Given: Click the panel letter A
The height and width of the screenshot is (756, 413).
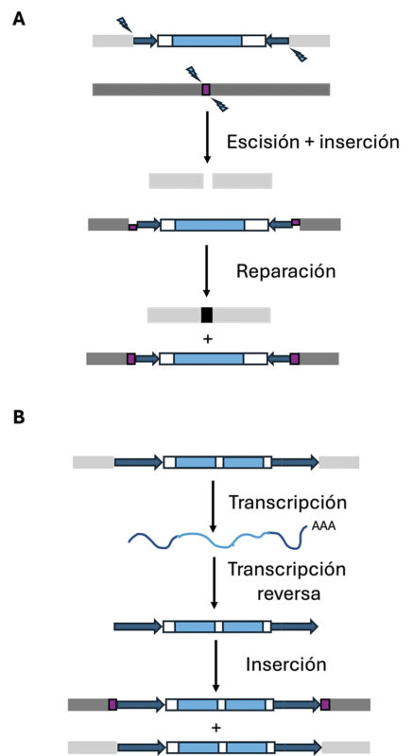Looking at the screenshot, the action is (19, 20).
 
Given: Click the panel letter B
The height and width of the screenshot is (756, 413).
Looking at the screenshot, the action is (18, 418).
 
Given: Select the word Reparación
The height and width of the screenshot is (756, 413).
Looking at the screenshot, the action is (285, 271).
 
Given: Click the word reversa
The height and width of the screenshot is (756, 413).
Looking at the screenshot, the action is (288, 593).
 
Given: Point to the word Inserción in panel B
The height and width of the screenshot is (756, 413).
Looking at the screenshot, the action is (286, 664).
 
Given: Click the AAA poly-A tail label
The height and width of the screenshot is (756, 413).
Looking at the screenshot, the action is (323, 526).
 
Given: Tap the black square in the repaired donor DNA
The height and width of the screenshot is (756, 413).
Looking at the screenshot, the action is (207, 315).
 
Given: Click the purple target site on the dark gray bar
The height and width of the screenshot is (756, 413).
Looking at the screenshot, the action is (206, 89).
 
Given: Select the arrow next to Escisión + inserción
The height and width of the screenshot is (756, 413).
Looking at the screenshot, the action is (207, 137).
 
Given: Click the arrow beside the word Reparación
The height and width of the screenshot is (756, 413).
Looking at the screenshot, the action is (207, 270).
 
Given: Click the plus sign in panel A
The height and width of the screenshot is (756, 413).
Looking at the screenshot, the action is (208, 339).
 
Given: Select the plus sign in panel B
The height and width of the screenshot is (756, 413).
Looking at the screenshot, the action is (216, 727).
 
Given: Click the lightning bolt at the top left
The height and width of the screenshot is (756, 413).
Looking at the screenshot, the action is (125, 24).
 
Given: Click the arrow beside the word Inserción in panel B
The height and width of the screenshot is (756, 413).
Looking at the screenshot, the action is (215, 666).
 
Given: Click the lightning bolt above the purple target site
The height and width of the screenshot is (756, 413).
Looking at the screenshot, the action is (194, 74).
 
